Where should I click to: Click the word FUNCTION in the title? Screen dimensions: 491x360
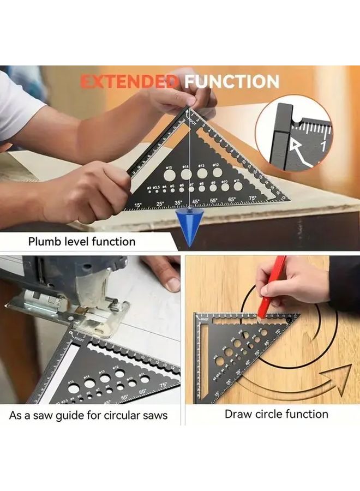point(231,82)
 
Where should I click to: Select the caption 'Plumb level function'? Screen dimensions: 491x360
point(82,241)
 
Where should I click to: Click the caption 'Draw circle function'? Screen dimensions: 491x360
point(277,414)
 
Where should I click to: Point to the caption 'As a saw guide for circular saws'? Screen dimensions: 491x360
point(88,415)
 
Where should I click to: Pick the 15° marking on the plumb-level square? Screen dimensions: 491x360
point(137,206)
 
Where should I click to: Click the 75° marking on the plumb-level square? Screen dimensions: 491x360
point(252,198)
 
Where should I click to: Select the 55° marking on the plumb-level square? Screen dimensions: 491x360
point(213,201)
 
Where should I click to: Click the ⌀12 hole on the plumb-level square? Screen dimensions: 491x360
point(217,172)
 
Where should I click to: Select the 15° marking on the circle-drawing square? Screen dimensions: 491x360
point(217,392)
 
